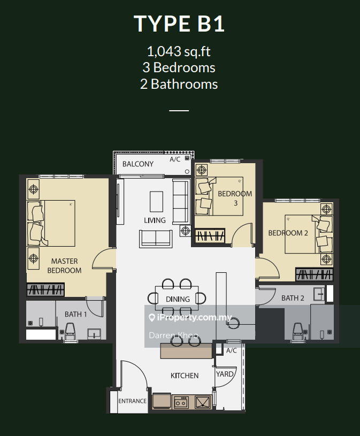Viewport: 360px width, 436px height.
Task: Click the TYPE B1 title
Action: pyautogui.click(x=179, y=24)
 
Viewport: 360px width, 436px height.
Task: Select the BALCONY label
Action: pyautogui.click(x=137, y=164)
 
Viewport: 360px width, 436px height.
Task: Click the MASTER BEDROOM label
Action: pyautogui.click(x=64, y=266)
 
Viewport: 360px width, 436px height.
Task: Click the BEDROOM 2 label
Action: pyautogui.click(x=288, y=233)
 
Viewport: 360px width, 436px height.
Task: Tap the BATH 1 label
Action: pyautogui.click(x=75, y=314)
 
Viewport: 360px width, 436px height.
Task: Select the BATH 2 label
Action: pyautogui.click(x=293, y=298)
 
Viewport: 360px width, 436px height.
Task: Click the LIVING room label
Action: pyautogui.click(x=155, y=220)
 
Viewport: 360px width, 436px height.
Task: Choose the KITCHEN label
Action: pyautogui.click(x=185, y=376)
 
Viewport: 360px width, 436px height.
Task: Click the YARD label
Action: pyautogui.click(x=225, y=374)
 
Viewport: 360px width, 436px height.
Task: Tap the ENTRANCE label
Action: pyautogui.click(x=132, y=401)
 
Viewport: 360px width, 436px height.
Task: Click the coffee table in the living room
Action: pyautogui.click(x=156, y=201)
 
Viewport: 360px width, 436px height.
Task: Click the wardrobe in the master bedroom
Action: pyautogui.click(x=45, y=290)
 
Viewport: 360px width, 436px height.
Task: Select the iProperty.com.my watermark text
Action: pyautogui.click(x=190, y=318)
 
